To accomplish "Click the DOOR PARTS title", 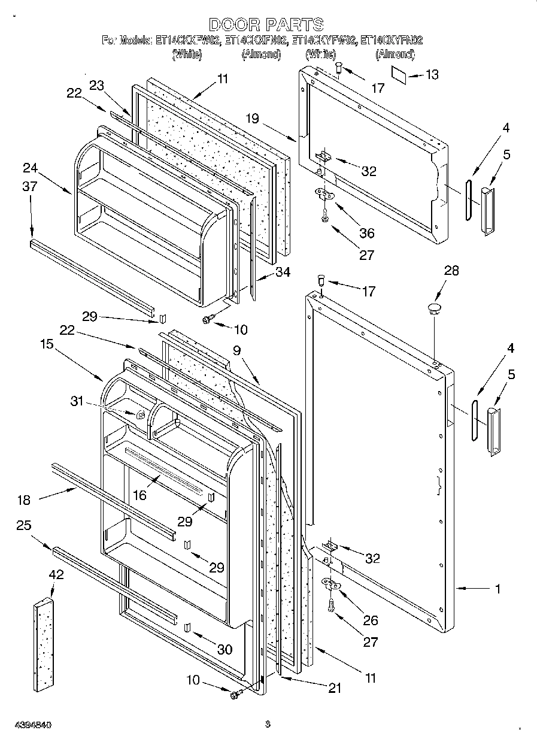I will click(x=266, y=25).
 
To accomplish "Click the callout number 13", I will click(x=432, y=74).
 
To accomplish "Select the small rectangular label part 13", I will click(x=401, y=73).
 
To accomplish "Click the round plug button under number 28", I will click(x=433, y=308).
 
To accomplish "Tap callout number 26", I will click(x=371, y=620).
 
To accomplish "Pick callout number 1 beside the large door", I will click(x=497, y=589).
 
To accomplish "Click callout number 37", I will click(x=29, y=187).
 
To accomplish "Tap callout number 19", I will click(x=252, y=119).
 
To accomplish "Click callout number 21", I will click(x=335, y=688).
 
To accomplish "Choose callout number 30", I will click(x=225, y=649).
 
